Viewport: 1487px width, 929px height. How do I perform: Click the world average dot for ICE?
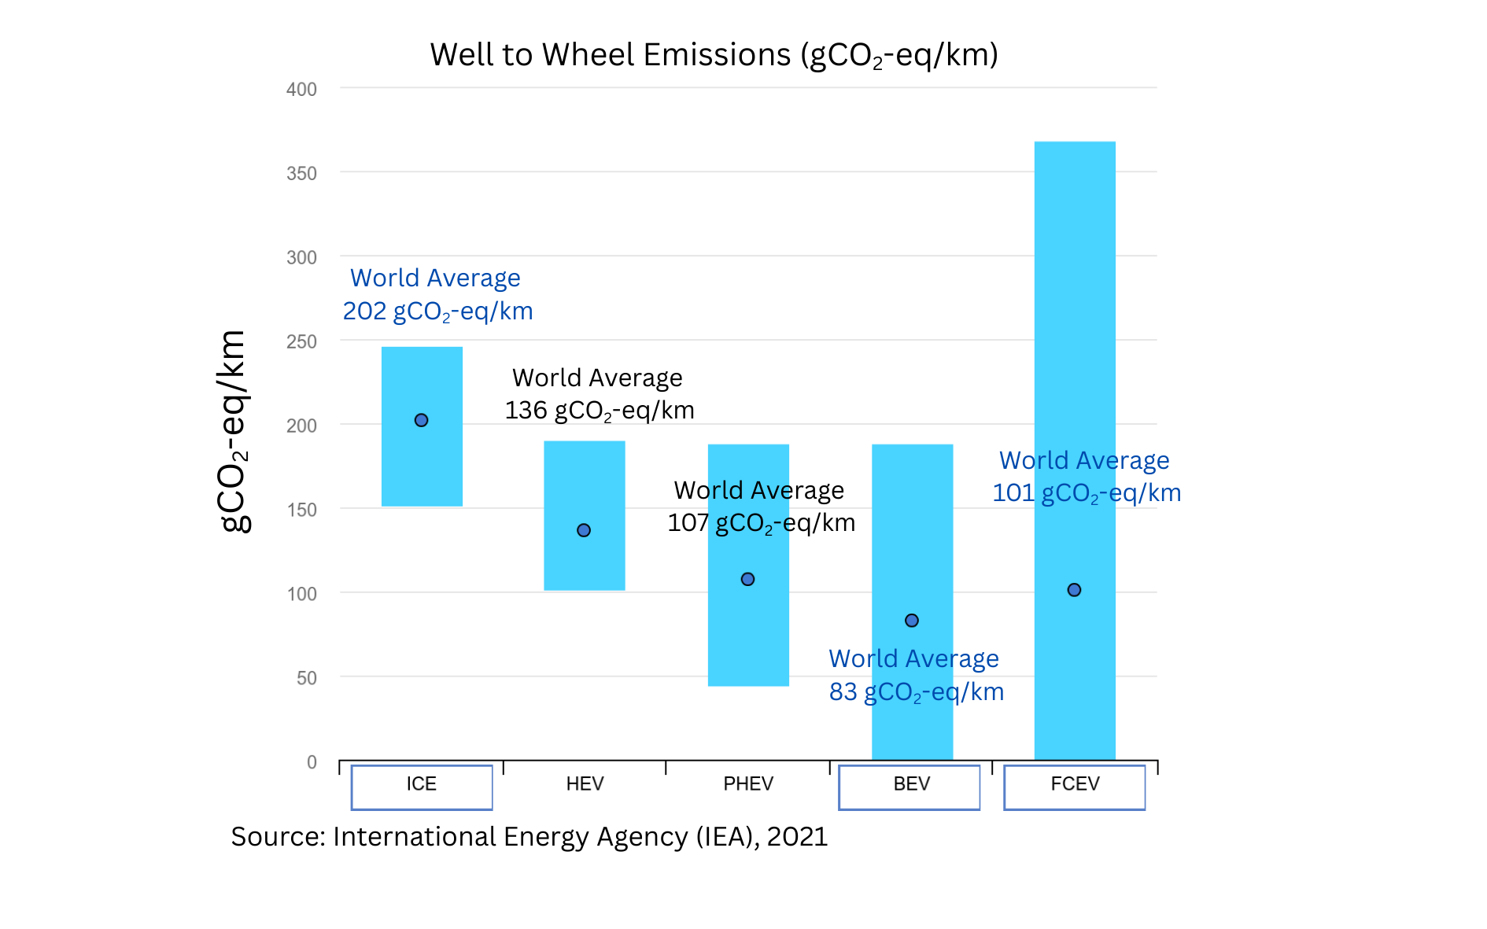point(421,420)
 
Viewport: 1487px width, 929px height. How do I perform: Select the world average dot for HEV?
point(584,530)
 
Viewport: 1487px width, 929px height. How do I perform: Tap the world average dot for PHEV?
point(747,579)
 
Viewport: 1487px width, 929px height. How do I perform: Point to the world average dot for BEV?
point(911,621)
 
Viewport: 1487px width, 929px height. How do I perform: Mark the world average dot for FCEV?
point(1074,590)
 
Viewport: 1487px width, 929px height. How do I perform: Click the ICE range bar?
point(422,472)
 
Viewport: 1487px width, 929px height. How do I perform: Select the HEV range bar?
point(585,480)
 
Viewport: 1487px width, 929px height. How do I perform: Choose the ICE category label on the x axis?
point(421,784)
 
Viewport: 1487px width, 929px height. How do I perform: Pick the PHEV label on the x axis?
point(748,784)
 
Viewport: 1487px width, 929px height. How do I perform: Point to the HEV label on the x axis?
point(585,784)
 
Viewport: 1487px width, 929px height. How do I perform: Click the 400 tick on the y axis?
point(301,90)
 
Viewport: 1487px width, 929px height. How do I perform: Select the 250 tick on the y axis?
point(301,342)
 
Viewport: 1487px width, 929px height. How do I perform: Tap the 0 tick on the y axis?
point(312,762)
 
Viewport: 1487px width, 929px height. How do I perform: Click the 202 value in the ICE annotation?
point(364,312)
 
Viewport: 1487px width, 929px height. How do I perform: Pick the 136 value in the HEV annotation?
point(526,411)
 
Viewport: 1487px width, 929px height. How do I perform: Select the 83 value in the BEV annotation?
point(843,692)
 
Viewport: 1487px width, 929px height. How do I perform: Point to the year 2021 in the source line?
point(797,837)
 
